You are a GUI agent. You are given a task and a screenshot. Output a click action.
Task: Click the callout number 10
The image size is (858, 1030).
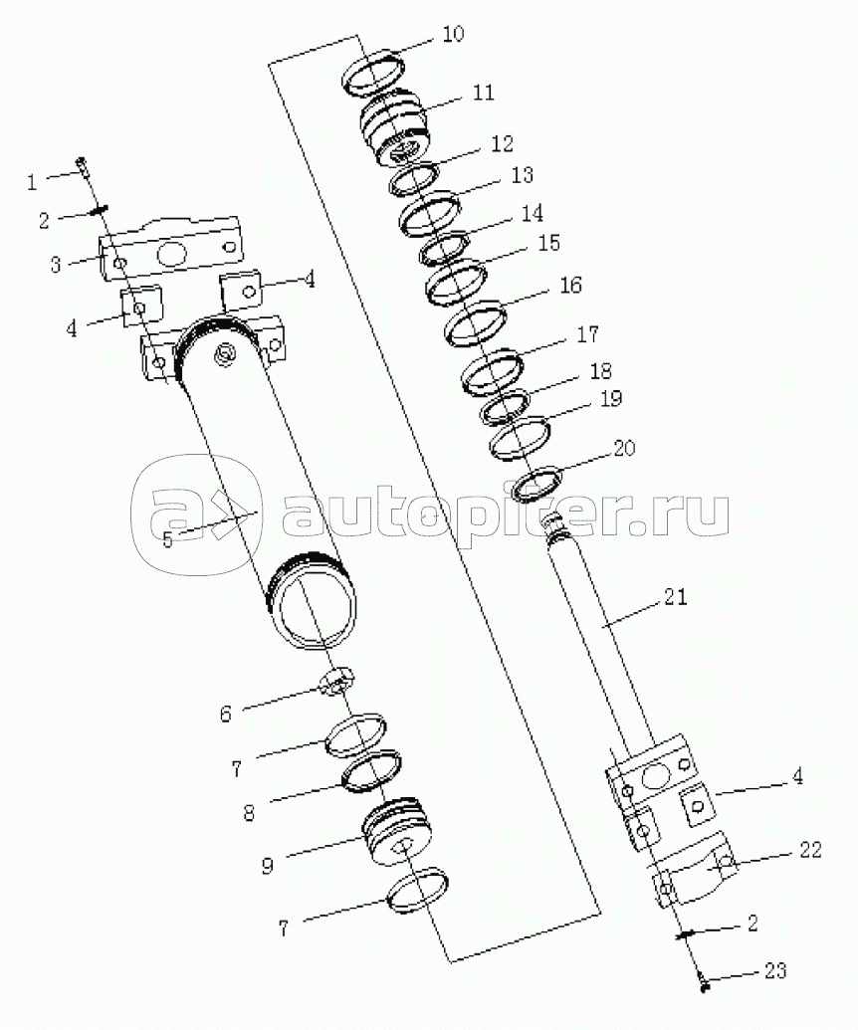tap(453, 34)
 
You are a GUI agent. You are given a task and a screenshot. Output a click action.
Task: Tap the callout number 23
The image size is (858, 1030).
tap(775, 971)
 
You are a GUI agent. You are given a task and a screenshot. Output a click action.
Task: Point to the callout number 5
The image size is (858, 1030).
tap(167, 540)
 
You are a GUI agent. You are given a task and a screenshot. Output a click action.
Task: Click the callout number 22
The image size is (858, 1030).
tap(810, 849)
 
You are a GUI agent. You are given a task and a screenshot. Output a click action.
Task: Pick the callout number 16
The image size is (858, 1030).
tap(570, 285)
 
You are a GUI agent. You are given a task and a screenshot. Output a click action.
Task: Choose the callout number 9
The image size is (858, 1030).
tap(268, 866)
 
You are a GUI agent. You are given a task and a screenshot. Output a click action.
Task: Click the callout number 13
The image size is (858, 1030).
tap(523, 175)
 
